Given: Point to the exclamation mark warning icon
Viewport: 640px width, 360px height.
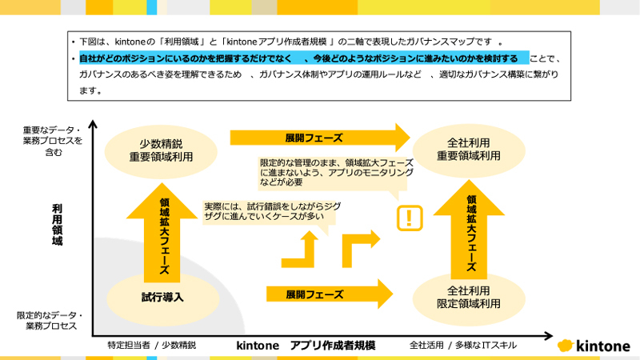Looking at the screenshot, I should (x=410, y=217).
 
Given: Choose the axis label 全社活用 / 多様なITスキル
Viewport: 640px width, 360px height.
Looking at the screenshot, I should (x=462, y=346).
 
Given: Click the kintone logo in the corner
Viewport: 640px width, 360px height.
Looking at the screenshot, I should (x=592, y=346).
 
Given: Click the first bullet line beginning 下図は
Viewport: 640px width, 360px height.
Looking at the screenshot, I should (x=288, y=41).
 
